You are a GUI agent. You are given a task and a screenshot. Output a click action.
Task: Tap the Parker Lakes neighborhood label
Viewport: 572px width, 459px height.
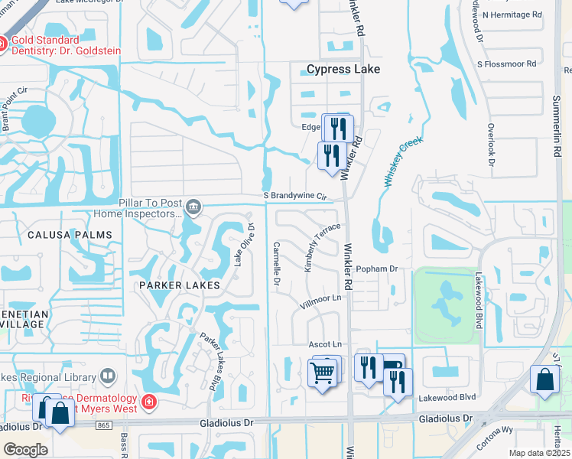[180, 285]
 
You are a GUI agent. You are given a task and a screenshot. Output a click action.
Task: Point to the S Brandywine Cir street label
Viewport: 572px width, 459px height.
[294, 196]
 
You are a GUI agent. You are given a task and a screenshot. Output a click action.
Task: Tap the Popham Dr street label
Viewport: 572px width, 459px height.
[378, 269]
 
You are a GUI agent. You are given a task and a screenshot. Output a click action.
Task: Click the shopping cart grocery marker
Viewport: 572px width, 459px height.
[323, 373]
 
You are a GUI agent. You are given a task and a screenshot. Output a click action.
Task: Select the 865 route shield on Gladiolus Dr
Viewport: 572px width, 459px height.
[105, 425]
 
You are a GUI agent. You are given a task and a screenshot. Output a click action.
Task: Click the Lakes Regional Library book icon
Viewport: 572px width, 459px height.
[108, 376]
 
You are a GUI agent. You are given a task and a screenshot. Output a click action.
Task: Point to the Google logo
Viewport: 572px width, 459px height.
[25, 450]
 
